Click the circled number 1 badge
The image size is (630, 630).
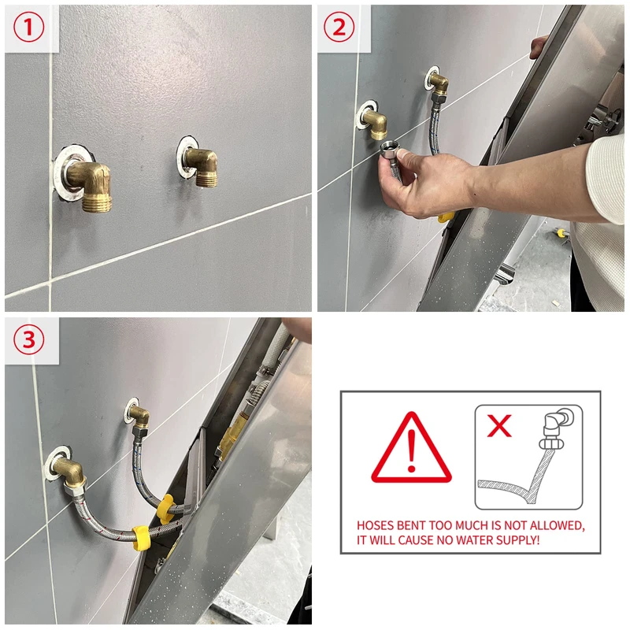pyautogui.click(x=28, y=28)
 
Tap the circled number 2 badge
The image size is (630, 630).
pyautogui.click(x=339, y=28)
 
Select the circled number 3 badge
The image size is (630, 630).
pyautogui.click(x=28, y=339)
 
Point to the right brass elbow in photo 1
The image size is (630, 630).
pyautogui.click(x=202, y=166)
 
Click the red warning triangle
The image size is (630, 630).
pyautogui.click(x=411, y=448)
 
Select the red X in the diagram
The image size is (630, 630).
pyautogui.click(x=499, y=425)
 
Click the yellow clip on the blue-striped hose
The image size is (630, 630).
pyautogui.click(x=165, y=508)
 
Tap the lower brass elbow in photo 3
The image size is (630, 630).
pyautogui.click(x=71, y=472)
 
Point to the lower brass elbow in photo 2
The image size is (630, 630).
pyautogui.click(x=375, y=124)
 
